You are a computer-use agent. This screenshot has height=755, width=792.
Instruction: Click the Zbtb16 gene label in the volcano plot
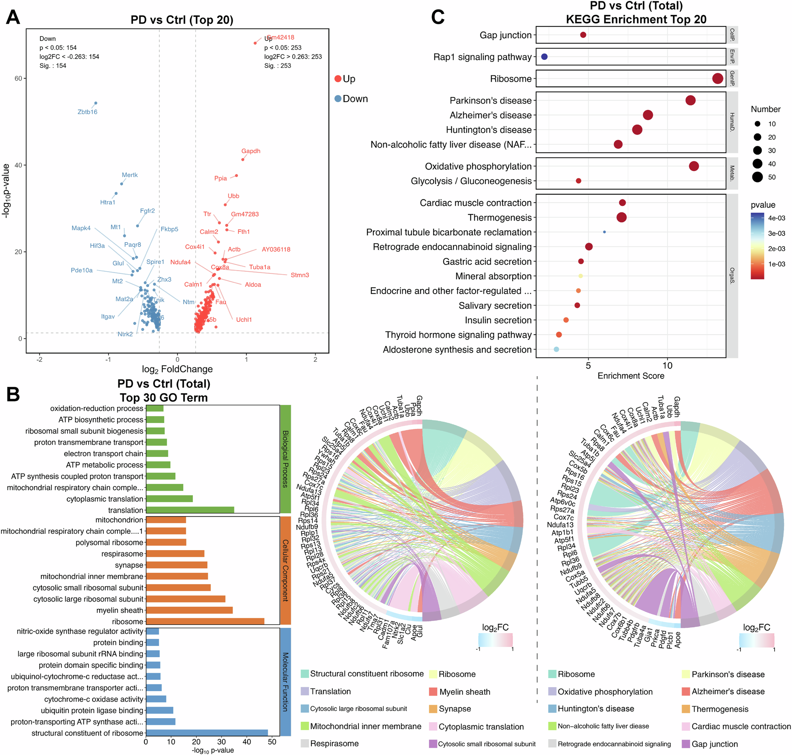(87, 112)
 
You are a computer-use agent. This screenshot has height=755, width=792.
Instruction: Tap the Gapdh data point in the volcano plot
(243, 160)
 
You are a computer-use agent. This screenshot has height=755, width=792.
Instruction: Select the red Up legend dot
(338, 79)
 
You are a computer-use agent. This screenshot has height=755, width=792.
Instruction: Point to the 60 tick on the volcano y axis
(18, 78)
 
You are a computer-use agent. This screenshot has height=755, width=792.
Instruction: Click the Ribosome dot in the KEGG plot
(718, 78)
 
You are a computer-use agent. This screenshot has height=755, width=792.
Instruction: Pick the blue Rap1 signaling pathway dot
(544, 57)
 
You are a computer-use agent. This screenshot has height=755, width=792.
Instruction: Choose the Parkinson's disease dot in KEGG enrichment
(690, 100)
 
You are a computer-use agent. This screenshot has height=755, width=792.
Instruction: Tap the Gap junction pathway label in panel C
(505, 35)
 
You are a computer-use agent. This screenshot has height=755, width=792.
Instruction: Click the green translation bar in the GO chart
(190, 510)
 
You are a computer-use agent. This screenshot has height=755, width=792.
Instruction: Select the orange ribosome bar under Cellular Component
(205, 621)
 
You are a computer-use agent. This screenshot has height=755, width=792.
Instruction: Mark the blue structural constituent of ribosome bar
(207, 733)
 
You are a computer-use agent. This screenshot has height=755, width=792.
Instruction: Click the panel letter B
(13, 394)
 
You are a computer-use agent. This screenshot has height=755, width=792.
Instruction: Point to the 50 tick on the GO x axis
(272, 742)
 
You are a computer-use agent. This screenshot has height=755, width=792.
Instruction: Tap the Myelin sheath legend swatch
(433, 692)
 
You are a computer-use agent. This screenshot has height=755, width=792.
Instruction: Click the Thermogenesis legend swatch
(686, 709)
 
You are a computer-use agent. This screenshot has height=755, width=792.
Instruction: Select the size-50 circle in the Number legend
(758, 177)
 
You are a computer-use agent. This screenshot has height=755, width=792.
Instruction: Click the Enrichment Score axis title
(631, 376)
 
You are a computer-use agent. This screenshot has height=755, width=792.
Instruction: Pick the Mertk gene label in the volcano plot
(129, 175)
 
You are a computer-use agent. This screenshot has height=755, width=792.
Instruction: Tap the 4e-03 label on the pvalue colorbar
(776, 218)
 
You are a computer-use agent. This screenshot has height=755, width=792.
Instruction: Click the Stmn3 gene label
(299, 275)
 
